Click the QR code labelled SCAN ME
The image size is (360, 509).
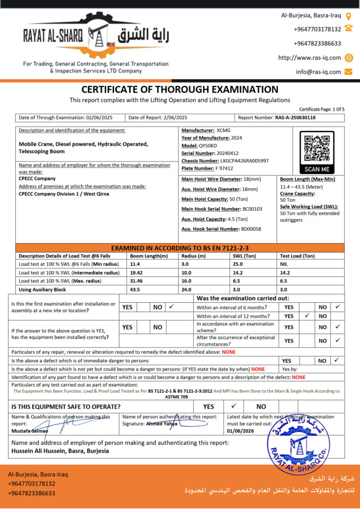coord(317,148)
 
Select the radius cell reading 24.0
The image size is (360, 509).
coord(186,289)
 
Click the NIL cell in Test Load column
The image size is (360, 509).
coord(284,264)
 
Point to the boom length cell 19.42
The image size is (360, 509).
coord(136,272)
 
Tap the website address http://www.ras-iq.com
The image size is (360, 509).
coord(309,58)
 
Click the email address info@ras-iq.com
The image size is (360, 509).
coord(318,72)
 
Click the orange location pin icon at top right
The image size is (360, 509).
coord(349,15)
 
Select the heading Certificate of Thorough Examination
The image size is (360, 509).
coord(180,89)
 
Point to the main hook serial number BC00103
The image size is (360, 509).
coord(252,209)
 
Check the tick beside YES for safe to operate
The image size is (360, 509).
coord(234,406)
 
